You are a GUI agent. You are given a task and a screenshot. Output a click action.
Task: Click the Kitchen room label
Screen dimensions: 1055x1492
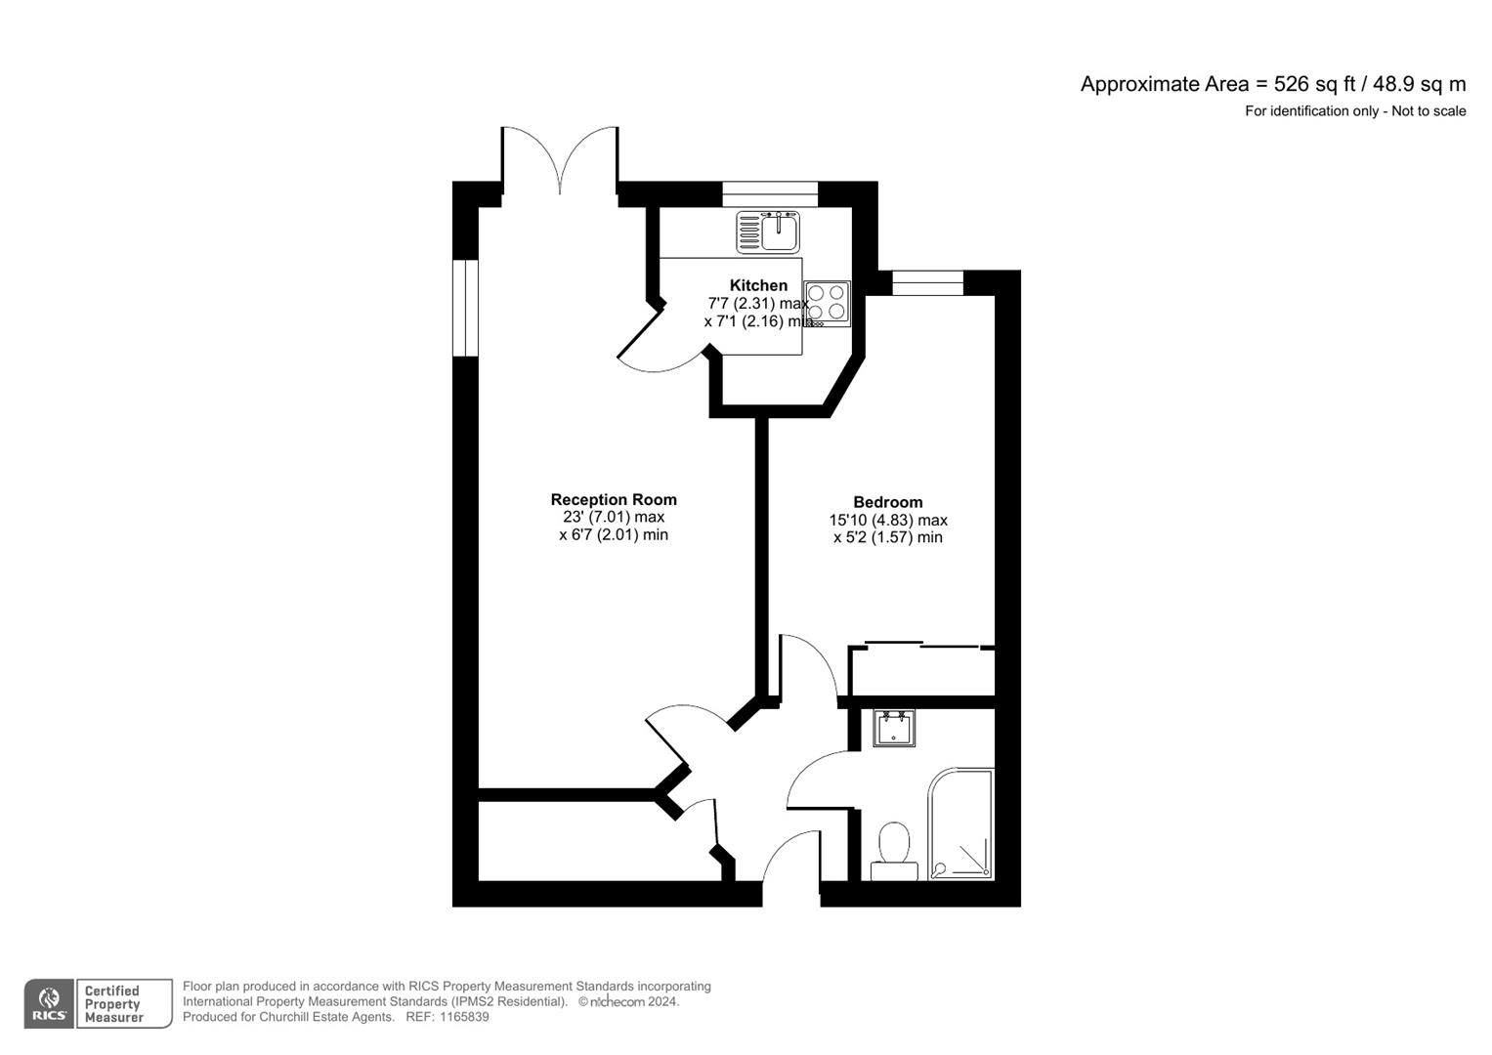(x=758, y=285)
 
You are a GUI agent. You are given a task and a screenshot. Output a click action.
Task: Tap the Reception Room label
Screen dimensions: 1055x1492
(x=614, y=499)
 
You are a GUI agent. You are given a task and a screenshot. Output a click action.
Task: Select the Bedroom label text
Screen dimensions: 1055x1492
(x=887, y=502)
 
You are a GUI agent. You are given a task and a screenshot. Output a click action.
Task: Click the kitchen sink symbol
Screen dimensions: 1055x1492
(x=769, y=232)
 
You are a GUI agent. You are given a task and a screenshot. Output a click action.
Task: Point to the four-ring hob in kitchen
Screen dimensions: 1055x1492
(x=827, y=302)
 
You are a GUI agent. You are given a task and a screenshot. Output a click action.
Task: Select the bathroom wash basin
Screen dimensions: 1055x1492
(x=894, y=729)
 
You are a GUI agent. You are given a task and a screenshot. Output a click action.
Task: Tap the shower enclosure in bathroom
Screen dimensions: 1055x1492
(x=961, y=825)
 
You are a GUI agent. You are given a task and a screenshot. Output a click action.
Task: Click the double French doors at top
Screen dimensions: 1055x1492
(x=560, y=159)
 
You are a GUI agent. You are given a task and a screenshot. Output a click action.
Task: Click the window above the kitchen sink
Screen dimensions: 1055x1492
(x=770, y=194)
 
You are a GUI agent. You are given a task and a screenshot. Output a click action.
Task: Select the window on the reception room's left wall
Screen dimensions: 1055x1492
(x=466, y=307)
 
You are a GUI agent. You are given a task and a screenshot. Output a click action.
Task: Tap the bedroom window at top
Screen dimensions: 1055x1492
(x=927, y=283)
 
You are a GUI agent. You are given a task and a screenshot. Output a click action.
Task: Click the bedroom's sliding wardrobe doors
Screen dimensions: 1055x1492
(x=922, y=645)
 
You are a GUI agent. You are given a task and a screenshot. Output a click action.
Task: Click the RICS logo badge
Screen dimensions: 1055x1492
(x=49, y=1003)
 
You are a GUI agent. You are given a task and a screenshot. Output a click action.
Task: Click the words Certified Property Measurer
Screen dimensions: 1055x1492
(x=114, y=1004)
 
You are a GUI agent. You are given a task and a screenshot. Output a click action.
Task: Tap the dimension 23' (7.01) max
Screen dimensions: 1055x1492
(x=614, y=517)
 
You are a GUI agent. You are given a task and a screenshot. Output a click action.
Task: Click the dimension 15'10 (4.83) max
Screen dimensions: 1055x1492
(x=887, y=521)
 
